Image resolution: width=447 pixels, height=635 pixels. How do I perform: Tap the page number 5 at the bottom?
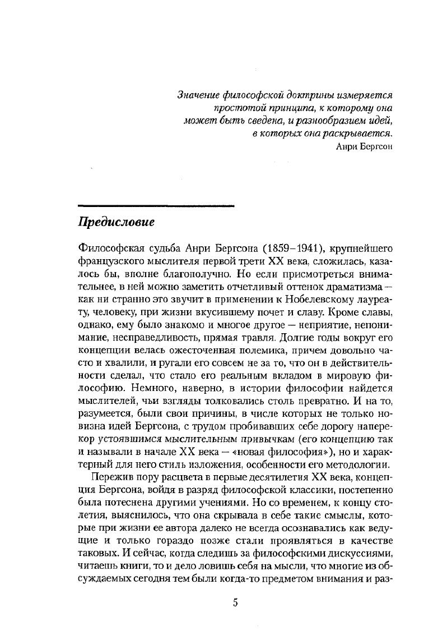(x=235, y=603)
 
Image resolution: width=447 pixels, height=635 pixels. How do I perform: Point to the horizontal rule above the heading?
(x=155, y=205)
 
